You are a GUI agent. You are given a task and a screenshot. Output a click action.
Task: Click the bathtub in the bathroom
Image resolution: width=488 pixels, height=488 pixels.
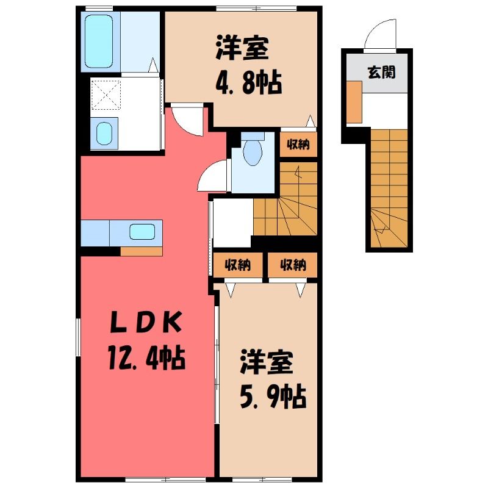pos(99,41)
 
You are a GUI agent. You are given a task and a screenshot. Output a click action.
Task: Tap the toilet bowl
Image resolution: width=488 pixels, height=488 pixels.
pos(253,153)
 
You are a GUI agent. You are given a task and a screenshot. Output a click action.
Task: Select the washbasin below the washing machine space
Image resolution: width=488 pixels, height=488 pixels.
pos(104,133)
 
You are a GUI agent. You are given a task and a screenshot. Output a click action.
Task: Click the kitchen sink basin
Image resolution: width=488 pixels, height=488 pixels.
pos(142,232)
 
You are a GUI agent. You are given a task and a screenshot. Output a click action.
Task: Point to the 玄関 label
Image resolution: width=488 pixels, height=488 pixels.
pos(382,72)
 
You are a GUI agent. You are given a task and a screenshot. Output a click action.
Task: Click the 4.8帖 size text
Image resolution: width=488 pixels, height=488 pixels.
pos(249,83)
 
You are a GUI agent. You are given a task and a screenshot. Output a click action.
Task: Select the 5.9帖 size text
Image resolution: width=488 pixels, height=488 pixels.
pos(273,397)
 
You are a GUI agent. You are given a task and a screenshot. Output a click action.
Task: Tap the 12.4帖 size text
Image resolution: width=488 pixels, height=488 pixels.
pos(147,359)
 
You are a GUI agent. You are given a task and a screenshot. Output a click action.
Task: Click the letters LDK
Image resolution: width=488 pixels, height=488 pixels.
pos(146,323)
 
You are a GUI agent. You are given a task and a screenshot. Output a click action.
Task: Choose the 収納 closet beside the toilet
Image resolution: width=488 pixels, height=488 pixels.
pos(298,144)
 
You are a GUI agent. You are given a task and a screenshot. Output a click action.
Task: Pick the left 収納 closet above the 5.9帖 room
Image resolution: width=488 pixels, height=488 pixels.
pos(238,265)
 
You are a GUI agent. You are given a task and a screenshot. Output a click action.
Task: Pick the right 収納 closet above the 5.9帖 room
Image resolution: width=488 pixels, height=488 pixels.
pos(293,265)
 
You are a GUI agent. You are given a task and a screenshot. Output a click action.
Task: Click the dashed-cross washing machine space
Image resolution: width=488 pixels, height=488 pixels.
pos(106,95)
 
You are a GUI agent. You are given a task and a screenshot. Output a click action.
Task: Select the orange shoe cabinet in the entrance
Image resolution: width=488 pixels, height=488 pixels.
pos(354,102)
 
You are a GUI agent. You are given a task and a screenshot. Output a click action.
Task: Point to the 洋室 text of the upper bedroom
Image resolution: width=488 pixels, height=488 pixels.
pos(242,49)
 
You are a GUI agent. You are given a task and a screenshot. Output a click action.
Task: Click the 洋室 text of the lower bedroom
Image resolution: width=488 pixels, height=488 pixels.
pos(267,362)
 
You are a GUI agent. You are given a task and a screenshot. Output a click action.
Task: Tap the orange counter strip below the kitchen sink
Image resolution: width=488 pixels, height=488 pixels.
pos(142,251)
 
